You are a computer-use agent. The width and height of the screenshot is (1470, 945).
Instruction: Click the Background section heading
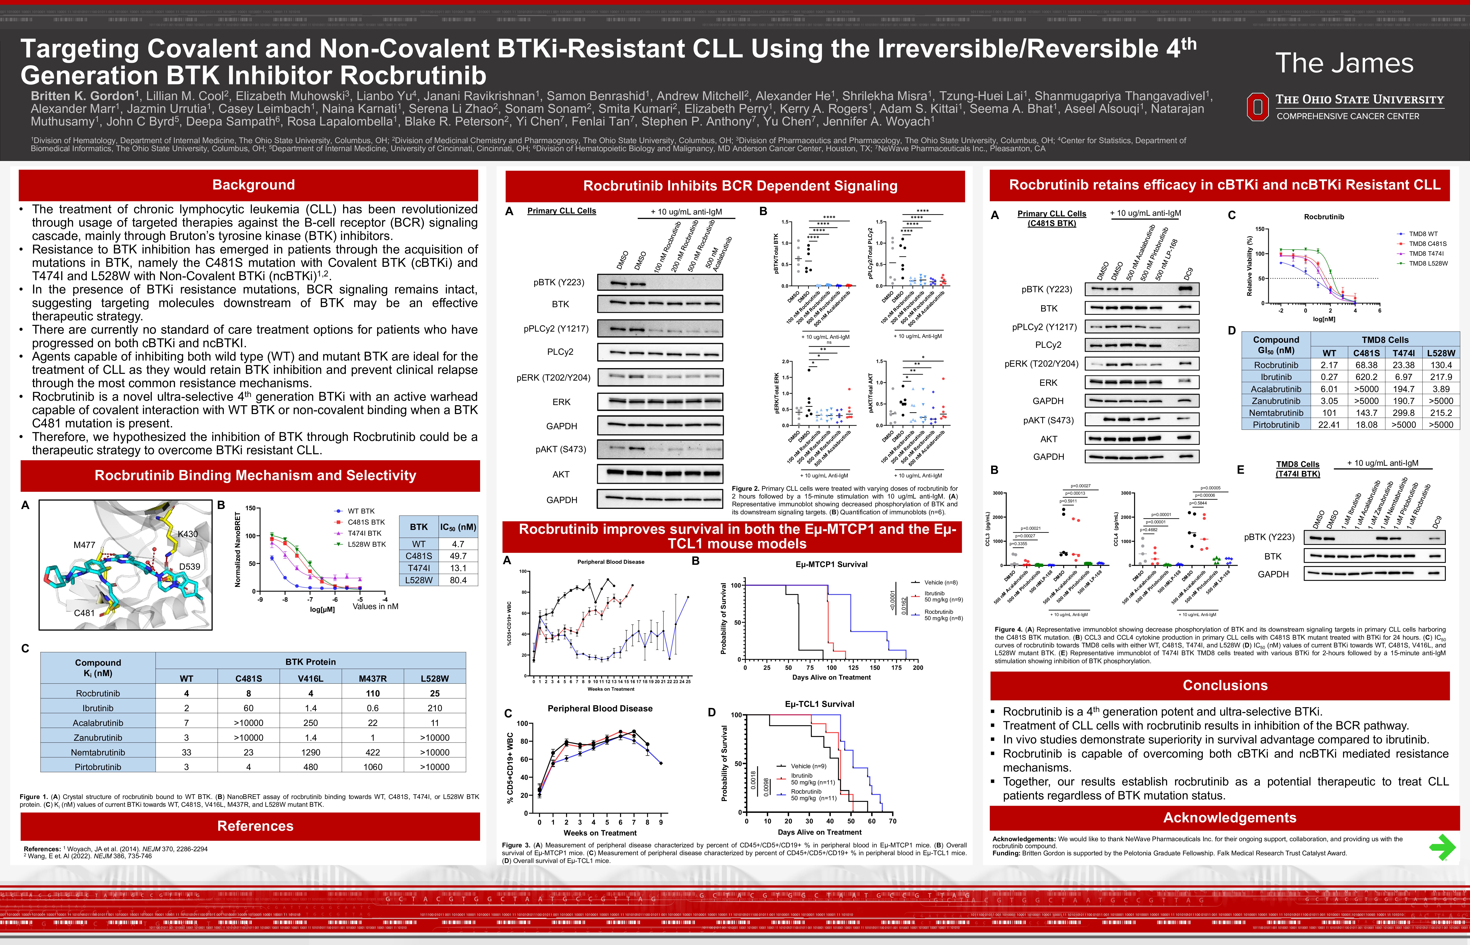[253, 185]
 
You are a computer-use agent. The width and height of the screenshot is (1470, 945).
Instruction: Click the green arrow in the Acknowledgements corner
[1442, 847]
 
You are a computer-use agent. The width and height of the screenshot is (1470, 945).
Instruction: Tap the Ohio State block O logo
[1258, 107]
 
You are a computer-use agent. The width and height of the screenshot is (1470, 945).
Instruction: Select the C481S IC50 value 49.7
[458, 556]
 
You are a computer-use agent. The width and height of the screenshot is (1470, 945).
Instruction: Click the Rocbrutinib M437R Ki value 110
[372, 693]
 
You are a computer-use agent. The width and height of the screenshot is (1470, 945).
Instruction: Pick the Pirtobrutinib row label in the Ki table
[98, 767]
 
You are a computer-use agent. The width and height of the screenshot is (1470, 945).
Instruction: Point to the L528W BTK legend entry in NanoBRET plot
[366, 544]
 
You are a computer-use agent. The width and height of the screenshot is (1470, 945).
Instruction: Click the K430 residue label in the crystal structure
[188, 534]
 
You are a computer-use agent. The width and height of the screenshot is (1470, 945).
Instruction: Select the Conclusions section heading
[1225, 685]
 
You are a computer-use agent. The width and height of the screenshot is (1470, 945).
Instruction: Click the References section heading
[255, 826]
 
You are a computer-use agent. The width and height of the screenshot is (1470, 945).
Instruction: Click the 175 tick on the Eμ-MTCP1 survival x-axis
[896, 668]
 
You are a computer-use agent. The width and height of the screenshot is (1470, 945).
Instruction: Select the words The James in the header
[1344, 63]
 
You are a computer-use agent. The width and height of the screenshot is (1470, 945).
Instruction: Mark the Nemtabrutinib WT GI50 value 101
[1329, 413]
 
